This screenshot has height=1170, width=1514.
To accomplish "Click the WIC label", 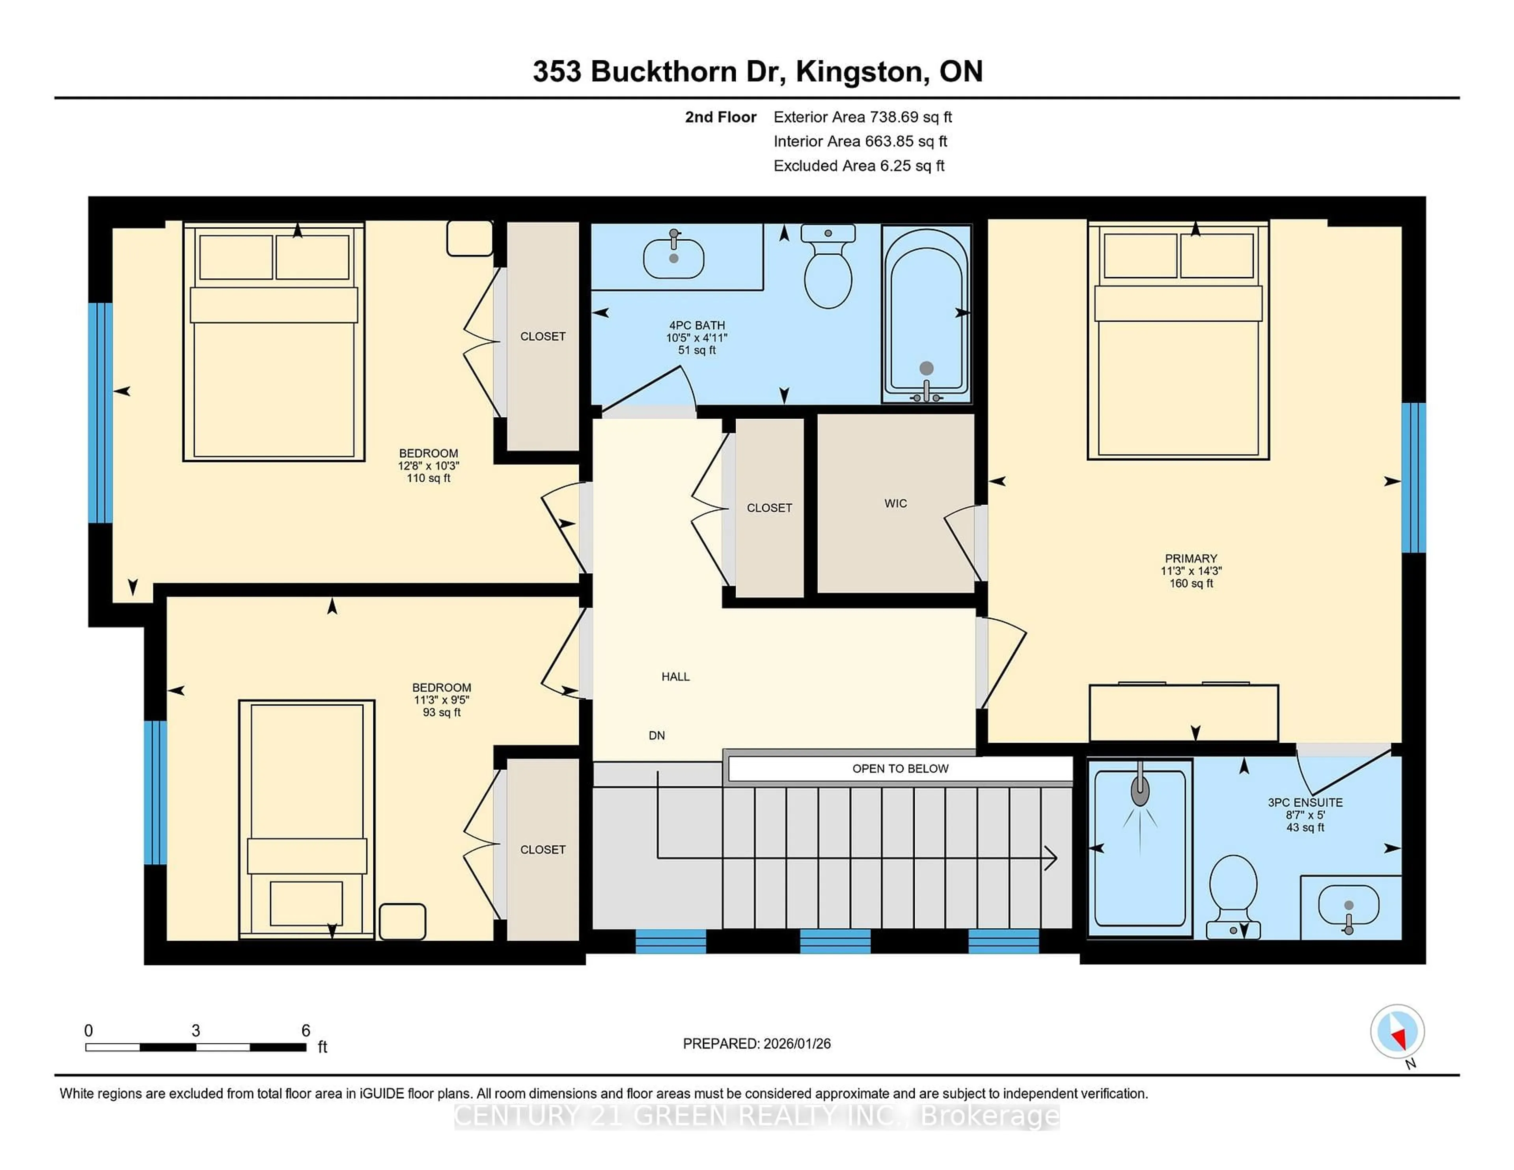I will click(x=895, y=504).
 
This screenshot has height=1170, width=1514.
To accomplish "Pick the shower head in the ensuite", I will click(x=1140, y=790).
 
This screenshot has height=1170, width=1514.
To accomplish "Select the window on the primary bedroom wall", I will click(x=1413, y=477).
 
